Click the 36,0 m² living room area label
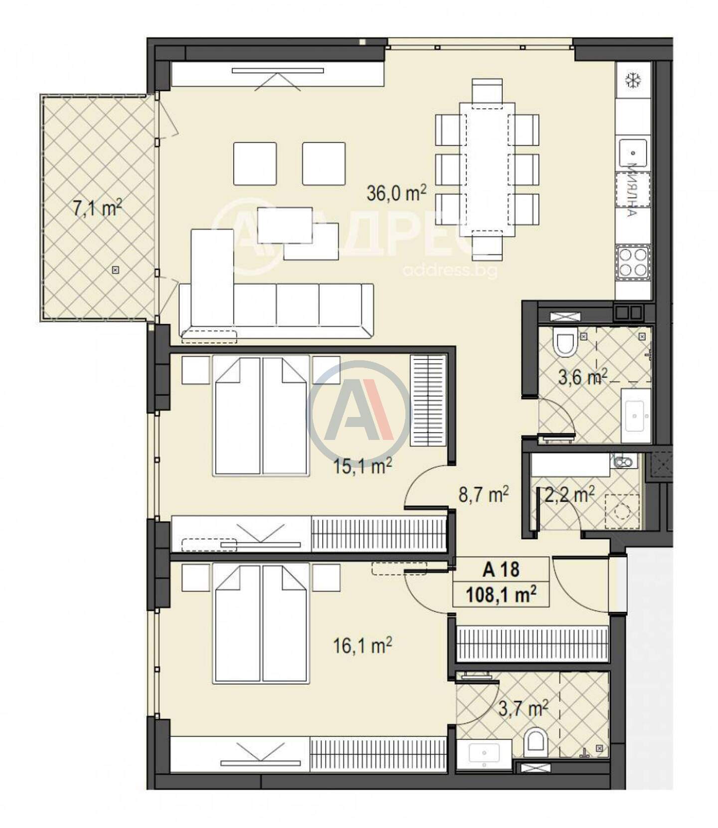pos(396,193)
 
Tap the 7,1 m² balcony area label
pos(98,208)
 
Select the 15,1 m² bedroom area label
pos(362,467)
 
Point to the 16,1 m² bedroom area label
pos(362,646)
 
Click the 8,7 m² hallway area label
pos(484,495)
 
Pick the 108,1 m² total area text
pos(501,595)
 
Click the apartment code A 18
pos(501,569)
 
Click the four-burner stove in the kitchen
pos(633,262)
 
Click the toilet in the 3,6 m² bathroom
pos(565,342)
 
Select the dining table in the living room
pos(487,170)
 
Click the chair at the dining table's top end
pos(487,90)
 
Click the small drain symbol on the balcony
pos(115,270)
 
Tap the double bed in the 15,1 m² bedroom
pos(260,414)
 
